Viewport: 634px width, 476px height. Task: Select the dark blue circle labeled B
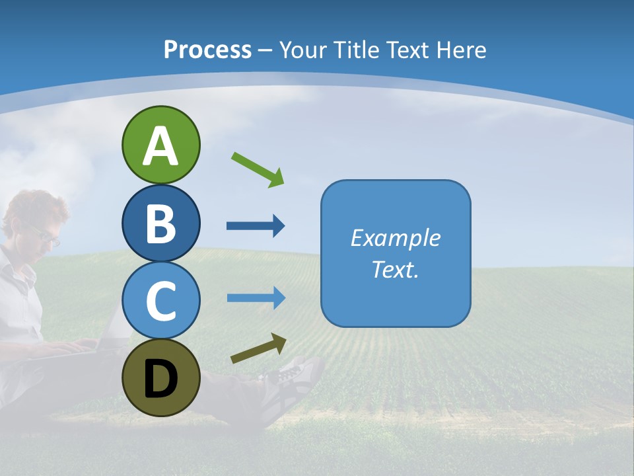[160, 223]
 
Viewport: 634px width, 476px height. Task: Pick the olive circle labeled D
[160, 377]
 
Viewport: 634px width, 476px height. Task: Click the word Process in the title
[207, 50]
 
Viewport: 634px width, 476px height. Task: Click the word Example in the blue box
[396, 238]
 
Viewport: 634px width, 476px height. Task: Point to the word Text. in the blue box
[396, 269]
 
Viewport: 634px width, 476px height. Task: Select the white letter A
[160, 147]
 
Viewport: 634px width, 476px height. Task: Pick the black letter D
[160, 380]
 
